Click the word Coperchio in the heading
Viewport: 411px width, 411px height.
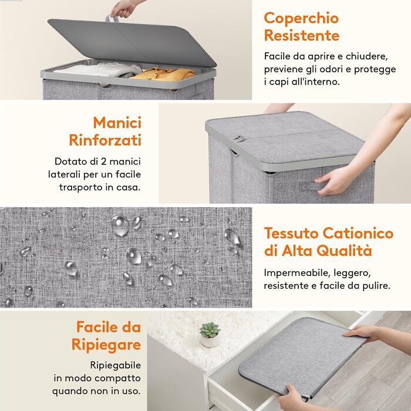(301, 18)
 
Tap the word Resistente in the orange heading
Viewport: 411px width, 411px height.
(302, 35)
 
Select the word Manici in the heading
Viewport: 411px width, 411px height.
(117, 122)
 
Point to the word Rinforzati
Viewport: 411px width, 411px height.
(105, 140)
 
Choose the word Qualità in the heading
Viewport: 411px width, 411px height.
(344, 250)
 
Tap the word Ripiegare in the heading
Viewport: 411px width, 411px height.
(106, 345)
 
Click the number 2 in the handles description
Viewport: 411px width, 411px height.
(103, 161)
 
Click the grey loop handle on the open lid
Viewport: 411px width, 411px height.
(112, 19)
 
